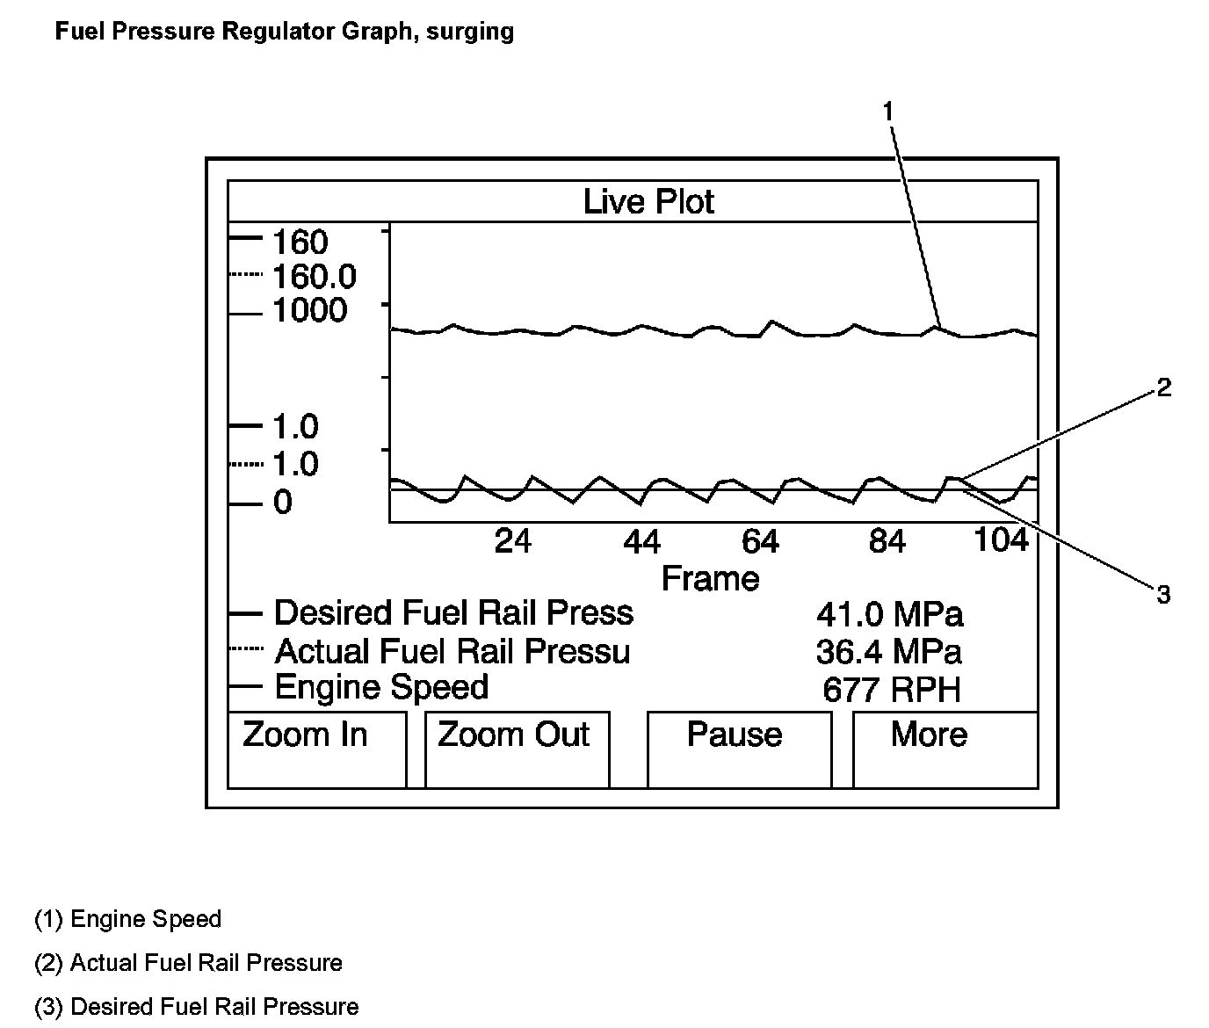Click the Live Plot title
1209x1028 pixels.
[648, 202]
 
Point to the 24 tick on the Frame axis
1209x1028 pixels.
[512, 541]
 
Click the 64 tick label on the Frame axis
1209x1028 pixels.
[760, 541]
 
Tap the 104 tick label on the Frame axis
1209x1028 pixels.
[1001, 539]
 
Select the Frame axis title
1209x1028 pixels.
[710, 579]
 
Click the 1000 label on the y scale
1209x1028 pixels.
[309, 311]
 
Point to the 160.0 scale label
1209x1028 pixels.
[314, 278]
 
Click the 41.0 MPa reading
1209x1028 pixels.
[889, 614]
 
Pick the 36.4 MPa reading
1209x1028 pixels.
[888, 652]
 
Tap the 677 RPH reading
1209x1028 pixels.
[891, 690]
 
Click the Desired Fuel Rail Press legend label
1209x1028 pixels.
[453, 612]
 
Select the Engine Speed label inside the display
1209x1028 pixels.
[381, 687]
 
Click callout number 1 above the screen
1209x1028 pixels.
[888, 112]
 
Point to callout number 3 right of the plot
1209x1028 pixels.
[1163, 596]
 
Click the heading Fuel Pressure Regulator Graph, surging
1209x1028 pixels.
[284, 32]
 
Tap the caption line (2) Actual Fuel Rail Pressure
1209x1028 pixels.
[188, 963]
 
